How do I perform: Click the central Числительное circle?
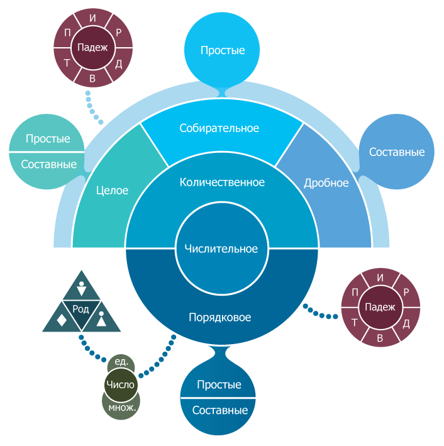221,249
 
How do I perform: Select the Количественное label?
222,182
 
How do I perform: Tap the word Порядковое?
220,318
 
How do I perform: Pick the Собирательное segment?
219,128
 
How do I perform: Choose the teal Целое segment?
113,191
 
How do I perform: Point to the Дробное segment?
326,183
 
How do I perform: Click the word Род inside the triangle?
81,309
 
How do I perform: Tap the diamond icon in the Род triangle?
62,320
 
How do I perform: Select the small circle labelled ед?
122,362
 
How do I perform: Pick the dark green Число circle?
121,385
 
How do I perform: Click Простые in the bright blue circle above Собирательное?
223,50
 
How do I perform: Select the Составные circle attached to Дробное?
396,152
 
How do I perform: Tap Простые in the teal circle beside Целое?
48,139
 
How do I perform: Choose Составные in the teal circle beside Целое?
48,165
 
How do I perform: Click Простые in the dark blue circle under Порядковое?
219,384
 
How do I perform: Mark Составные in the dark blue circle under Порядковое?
219,411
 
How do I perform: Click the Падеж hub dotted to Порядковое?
380,307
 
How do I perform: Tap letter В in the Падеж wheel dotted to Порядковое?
380,337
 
